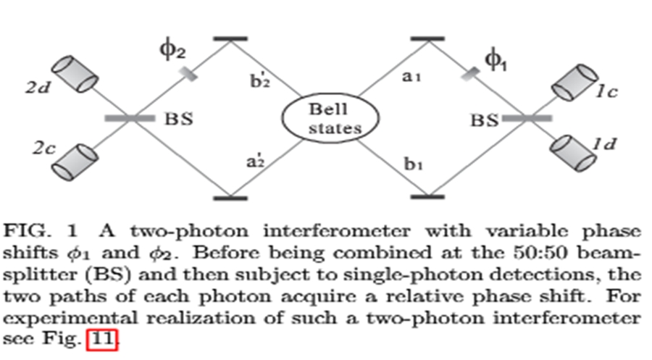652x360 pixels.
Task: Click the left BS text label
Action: pos(177,119)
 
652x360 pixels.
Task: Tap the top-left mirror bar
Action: pos(230,37)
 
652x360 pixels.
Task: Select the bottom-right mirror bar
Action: pos(427,196)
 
